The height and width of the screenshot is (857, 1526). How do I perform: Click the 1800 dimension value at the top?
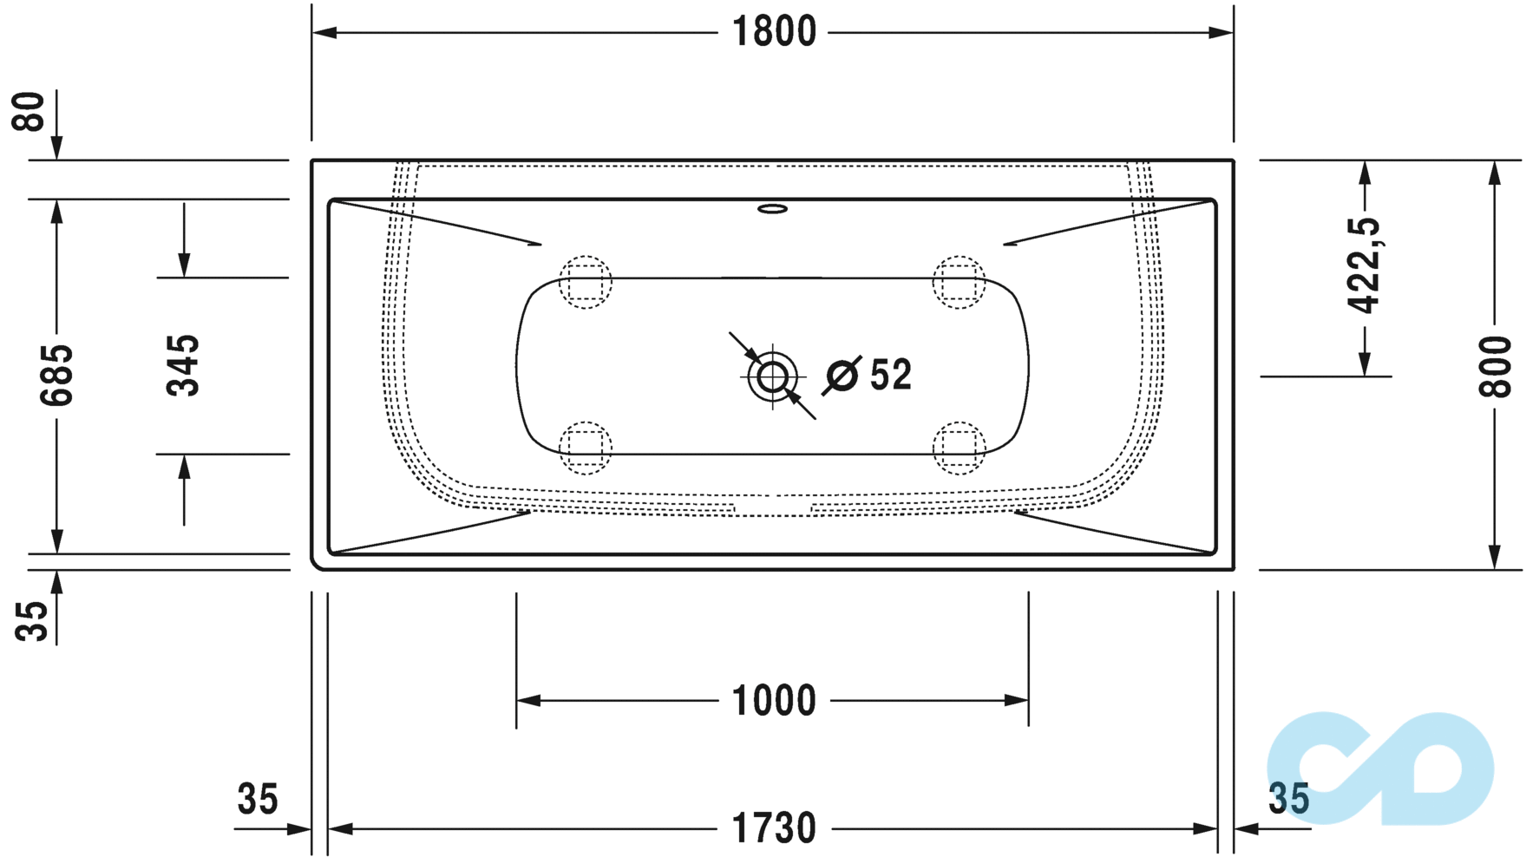(x=774, y=32)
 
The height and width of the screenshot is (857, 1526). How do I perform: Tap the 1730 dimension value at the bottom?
(x=774, y=828)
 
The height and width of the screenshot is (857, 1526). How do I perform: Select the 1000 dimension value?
(x=774, y=700)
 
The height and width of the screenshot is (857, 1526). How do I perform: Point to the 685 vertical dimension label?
(x=57, y=375)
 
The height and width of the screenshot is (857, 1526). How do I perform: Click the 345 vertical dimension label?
(x=183, y=365)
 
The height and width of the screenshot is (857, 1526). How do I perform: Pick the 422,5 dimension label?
(x=1364, y=265)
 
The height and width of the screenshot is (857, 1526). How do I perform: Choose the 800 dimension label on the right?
(x=1495, y=366)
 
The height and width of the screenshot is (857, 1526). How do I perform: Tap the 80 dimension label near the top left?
(x=29, y=111)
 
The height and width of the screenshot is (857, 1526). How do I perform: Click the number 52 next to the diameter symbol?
(x=890, y=375)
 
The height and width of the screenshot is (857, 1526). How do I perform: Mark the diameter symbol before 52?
(x=842, y=376)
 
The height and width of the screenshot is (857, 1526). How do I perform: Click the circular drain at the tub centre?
(x=772, y=376)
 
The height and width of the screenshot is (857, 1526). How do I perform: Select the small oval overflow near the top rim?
(x=772, y=208)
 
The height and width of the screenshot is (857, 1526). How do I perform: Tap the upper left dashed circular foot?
(x=585, y=282)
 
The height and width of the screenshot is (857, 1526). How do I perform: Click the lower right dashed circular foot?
(x=959, y=448)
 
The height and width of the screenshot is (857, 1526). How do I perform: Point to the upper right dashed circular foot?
(x=959, y=282)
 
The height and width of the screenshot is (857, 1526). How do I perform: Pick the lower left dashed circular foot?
(x=585, y=448)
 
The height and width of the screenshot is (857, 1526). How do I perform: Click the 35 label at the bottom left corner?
(x=258, y=799)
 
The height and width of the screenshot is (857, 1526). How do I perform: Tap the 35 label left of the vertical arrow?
(x=32, y=620)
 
